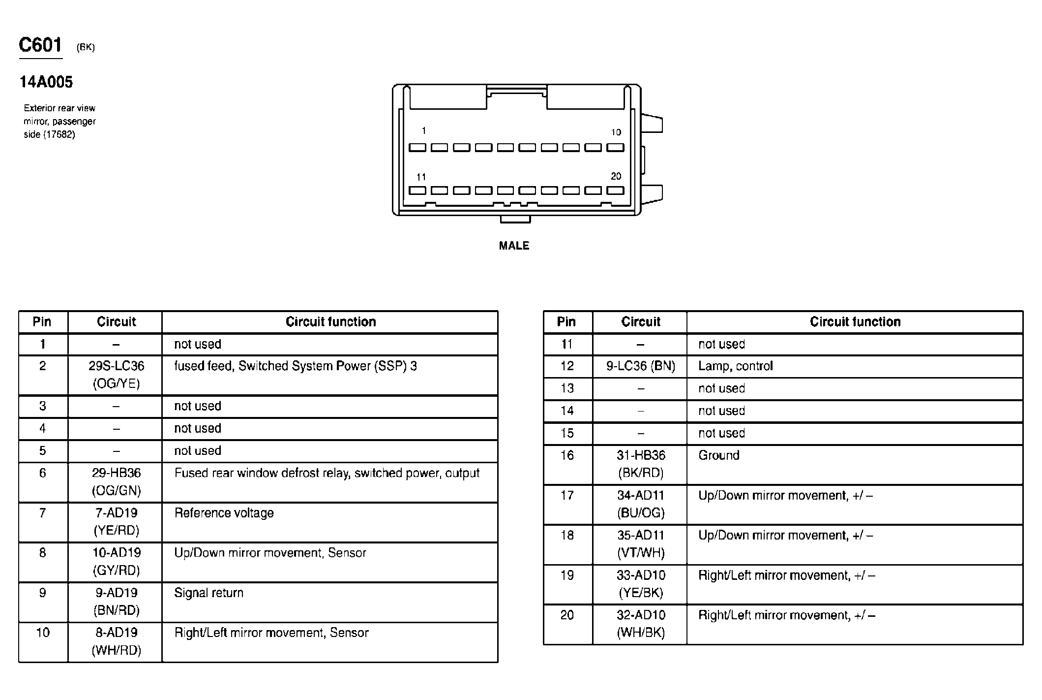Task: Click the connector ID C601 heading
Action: point(40,45)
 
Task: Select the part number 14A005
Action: point(46,82)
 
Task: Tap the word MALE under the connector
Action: point(514,246)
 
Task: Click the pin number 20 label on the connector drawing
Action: point(616,176)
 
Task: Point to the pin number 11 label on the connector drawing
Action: point(421,177)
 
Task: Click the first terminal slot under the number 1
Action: point(417,147)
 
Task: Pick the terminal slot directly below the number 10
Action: point(615,147)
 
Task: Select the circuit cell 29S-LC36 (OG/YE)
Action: point(117,375)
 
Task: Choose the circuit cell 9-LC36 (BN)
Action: point(640,366)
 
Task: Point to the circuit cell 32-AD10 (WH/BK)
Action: point(640,624)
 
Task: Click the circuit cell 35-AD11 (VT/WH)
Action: point(640,544)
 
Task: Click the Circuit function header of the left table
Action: point(330,322)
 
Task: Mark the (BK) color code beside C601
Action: point(86,47)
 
